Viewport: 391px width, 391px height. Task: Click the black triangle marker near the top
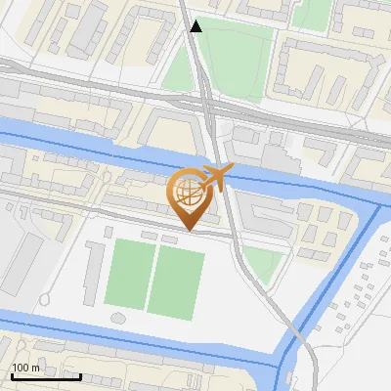[196, 26]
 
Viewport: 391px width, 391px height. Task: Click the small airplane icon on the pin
[217, 177]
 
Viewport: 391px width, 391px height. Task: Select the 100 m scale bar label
[26, 368]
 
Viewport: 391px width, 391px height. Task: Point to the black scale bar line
[46, 376]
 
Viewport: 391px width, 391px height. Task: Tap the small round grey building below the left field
[119, 318]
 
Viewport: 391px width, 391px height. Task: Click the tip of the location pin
[189, 230]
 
